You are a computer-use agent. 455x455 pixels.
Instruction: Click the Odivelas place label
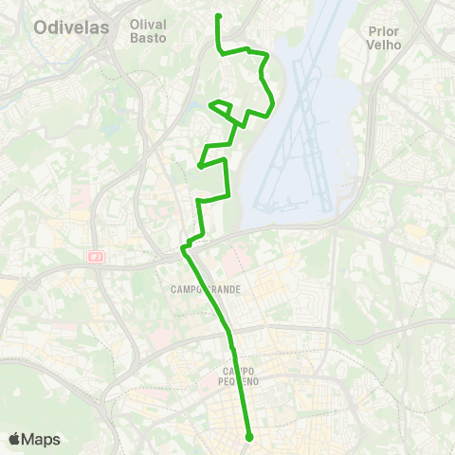71,27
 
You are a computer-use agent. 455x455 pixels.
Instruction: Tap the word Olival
147,25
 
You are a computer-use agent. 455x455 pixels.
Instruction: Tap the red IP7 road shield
95,256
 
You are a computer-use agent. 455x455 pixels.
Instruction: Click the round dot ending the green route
248,437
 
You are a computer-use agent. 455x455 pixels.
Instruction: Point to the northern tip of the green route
219,16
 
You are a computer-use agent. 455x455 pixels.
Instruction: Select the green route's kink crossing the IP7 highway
186,248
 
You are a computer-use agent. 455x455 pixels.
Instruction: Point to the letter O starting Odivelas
41,27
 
